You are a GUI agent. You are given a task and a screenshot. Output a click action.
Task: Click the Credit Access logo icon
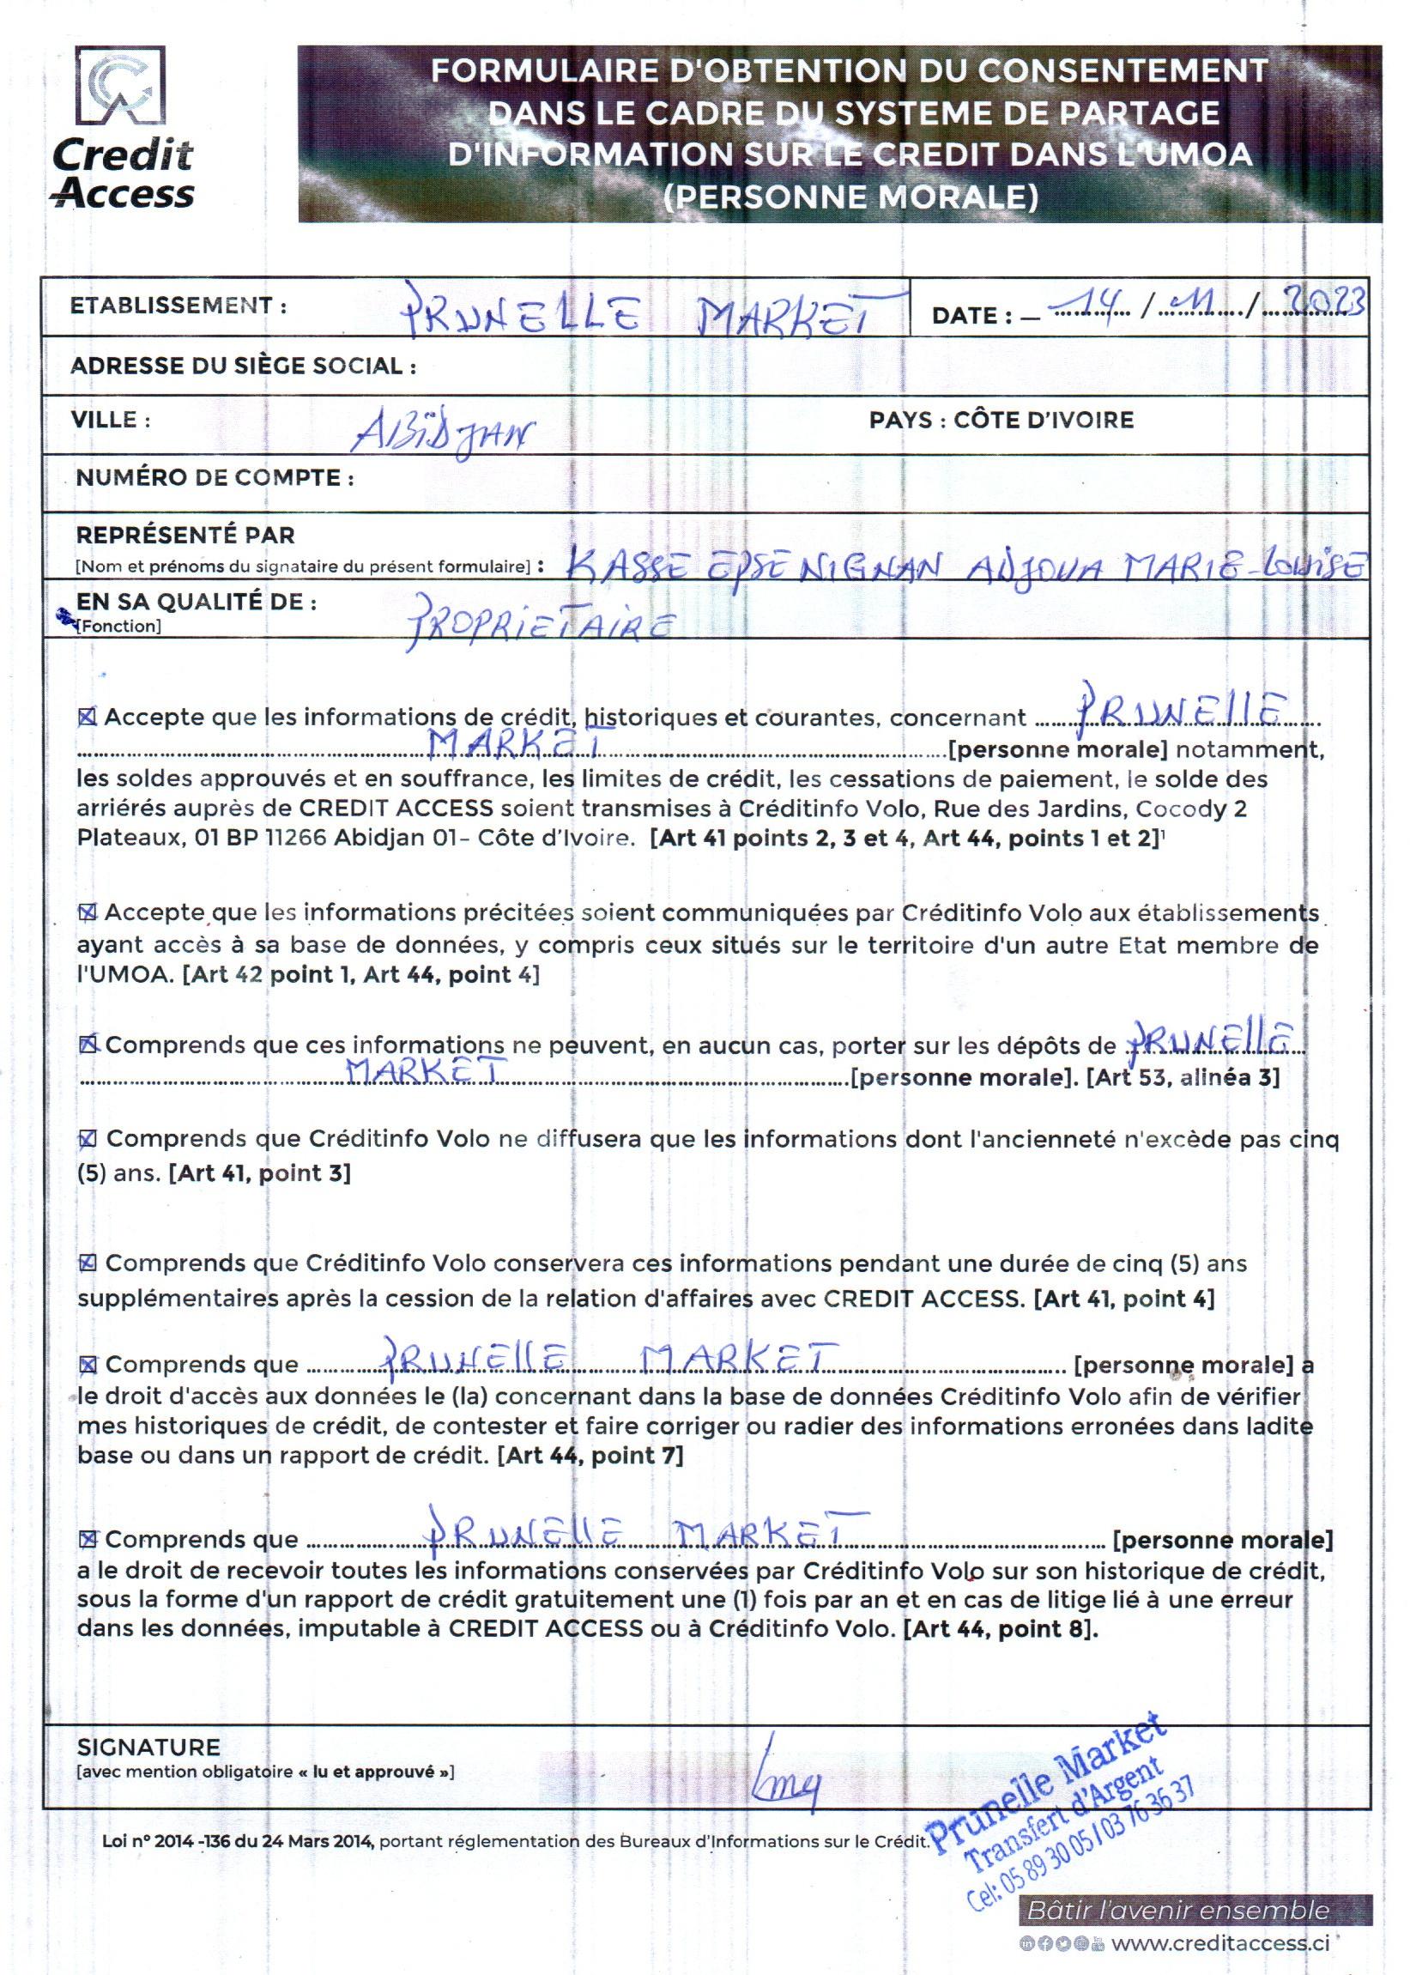pyautogui.click(x=121, y=87)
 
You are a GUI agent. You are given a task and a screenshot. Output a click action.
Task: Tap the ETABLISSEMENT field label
pyautogui.click(x=178, y=306)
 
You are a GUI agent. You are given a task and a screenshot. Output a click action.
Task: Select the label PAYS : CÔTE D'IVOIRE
pyautogui.click(x=1001, y=421)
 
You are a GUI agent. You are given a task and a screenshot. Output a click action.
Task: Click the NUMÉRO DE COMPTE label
pyautogui.click(x=215, y=477)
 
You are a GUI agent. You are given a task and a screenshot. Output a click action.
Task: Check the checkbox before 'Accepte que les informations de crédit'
pyautogui.click(x=87, y=718)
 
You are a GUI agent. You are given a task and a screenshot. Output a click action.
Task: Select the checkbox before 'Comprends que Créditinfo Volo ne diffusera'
pyautogui.click(x=88, y=1138)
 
